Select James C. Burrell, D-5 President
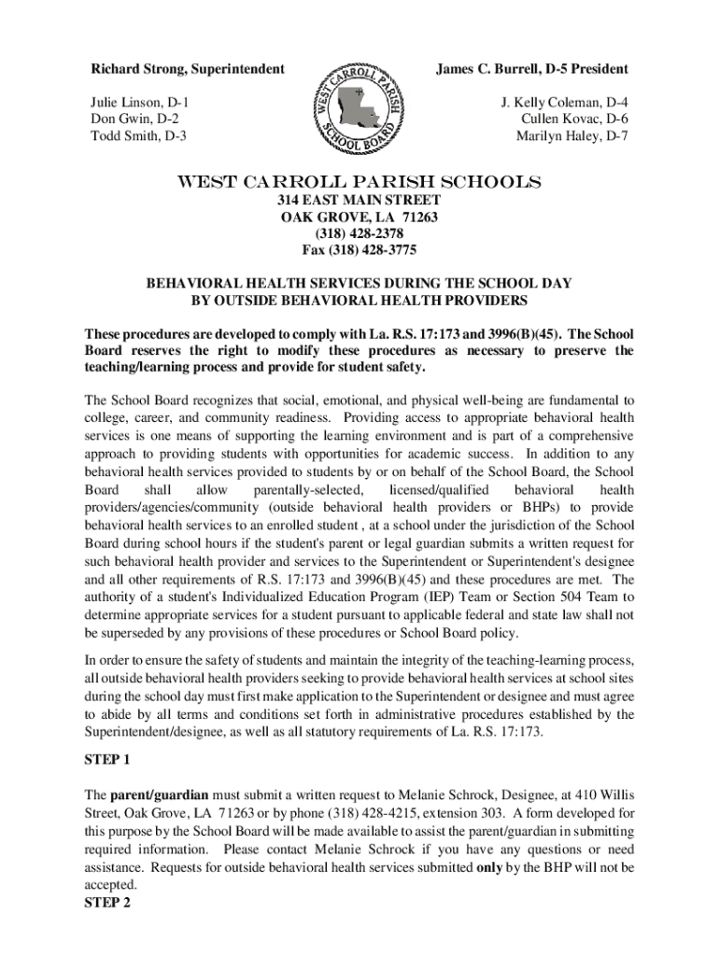tap(531, 69)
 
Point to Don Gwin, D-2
tap(134, 119)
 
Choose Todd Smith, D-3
tap(138, 136)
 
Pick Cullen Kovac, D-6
tap(574, 119)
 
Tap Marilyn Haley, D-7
tap(572, 136)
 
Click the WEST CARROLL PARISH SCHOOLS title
tap(359, 180)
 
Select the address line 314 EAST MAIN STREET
tap(359, 201)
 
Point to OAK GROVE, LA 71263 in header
tap(359, 218)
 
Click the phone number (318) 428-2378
tap(359, 234)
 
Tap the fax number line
tap(359, 251)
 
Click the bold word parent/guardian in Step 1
tap(160, 794)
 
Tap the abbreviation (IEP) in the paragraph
tap(453, 596)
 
